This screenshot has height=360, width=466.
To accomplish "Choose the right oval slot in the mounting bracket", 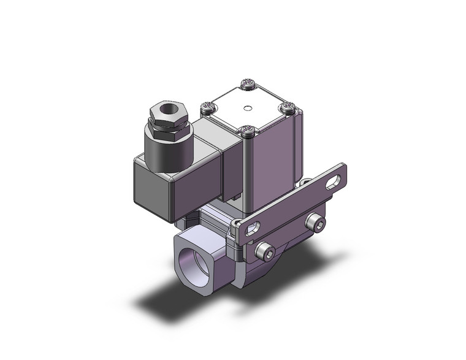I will [334, 182].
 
